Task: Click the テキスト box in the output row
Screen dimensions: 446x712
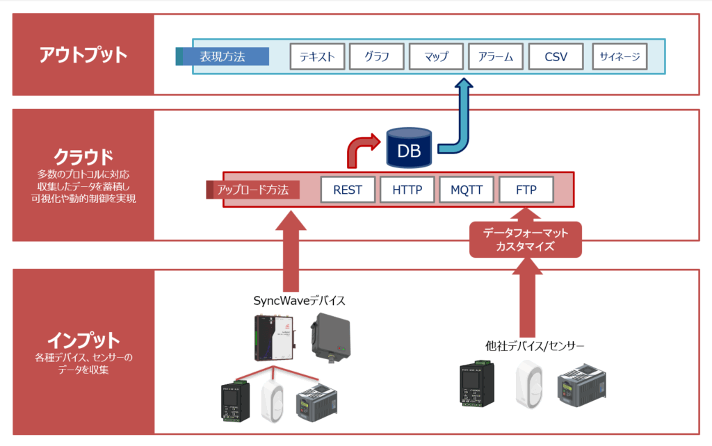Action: pos(317,57)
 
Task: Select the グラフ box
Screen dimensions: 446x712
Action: pos(376,57)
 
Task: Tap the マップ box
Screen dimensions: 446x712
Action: pos(436,57)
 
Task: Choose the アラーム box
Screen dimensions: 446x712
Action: pos(496,57)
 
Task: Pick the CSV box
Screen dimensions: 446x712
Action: pos(556,57)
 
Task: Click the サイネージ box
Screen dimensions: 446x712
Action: pos(620,57)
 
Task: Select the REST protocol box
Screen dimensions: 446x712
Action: pos(348,190)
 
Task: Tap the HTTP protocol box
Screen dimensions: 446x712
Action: pos(407,190)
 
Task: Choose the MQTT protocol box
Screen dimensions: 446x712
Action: pos(466,190)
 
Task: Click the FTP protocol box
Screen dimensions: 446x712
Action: pos(526,190)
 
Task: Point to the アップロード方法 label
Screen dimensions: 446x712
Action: pos(254,190)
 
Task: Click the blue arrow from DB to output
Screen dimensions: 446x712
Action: pos(461,118)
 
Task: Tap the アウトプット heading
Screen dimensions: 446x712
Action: pos(83,54)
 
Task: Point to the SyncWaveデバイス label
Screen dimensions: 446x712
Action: pos(300,301)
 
